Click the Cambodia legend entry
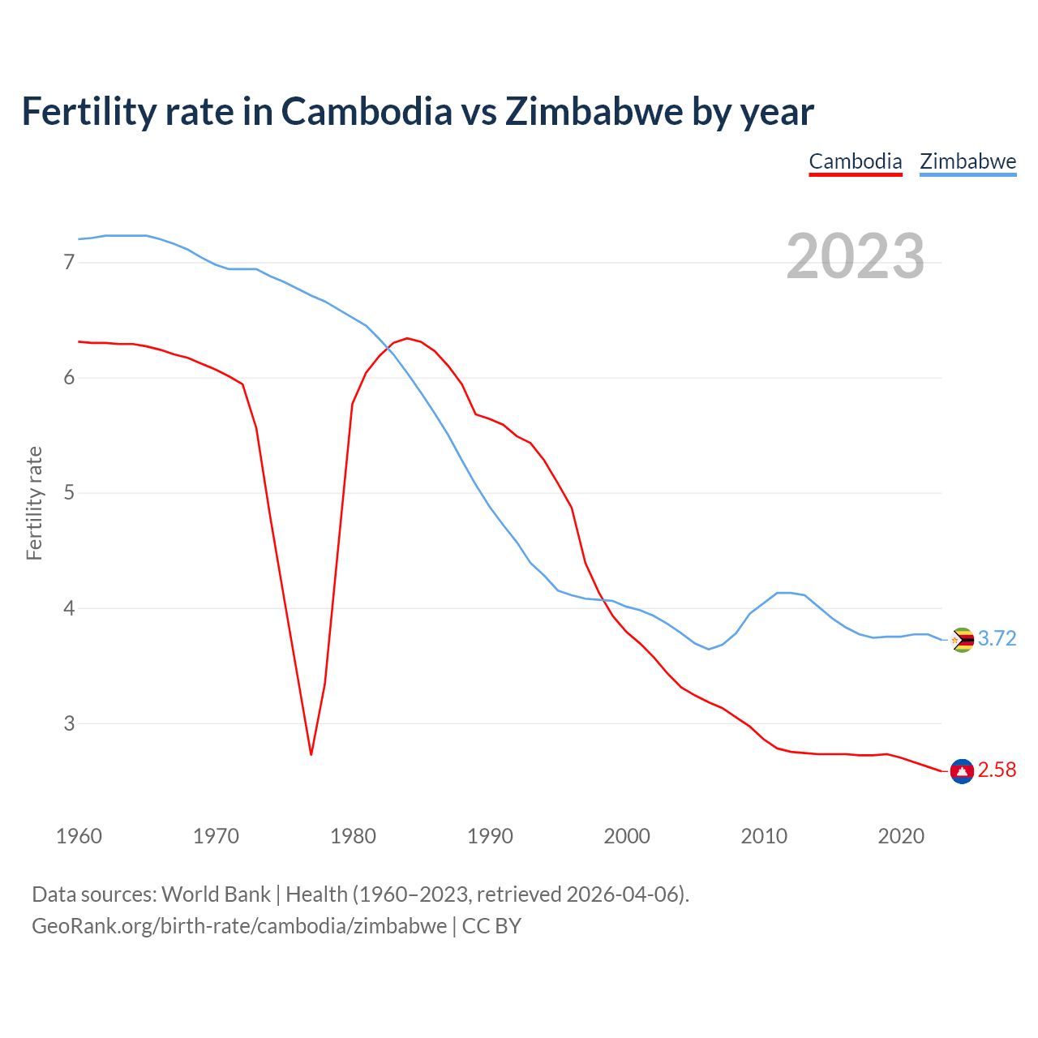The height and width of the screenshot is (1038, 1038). [856, 161]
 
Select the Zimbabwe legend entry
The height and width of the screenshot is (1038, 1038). [967, 161]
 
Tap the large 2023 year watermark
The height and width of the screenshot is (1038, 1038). [856, 256]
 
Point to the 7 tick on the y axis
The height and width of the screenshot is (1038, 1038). [69, 262]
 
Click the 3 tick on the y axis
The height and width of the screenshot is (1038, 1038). [69, 723]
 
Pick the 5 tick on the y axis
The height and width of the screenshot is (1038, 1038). [69, 493]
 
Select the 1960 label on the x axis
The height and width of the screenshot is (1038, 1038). [79, 836]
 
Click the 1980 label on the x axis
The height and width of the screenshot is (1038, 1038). [353, 836]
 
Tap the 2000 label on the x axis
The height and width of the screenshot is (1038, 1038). [627, 836]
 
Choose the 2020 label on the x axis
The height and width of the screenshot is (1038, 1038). [901, 836]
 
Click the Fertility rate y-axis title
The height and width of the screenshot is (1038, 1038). [34, 503]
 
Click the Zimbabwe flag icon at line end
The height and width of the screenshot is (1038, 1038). [962, 640]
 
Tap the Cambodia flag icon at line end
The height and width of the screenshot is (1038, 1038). [962, 770]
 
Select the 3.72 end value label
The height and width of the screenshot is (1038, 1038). [997, 639]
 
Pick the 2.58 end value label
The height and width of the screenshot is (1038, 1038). [997, 770]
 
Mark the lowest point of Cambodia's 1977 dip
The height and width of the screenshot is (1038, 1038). [311, 754]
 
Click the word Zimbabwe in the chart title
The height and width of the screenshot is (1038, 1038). [593, 112]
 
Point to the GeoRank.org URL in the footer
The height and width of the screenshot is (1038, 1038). [239, 926]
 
